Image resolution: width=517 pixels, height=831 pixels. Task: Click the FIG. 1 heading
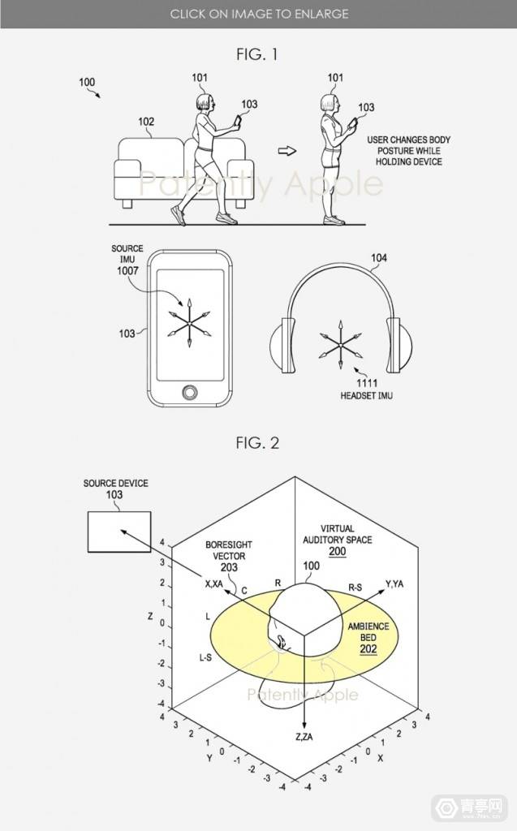(x=257, y=54)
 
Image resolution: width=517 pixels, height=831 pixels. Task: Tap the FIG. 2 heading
(x=257, y=442)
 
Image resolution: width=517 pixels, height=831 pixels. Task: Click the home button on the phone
(x=190, y=393)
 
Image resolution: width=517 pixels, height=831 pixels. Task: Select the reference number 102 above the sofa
(x=146, y=122)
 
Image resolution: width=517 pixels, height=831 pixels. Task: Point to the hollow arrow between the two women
(x=287, y=151)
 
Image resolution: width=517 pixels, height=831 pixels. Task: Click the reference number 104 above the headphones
(x=378, y=257)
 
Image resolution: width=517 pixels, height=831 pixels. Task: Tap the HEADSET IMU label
(x=366, y=395)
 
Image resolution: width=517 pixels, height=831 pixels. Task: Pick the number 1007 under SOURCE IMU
(x=127, y=271)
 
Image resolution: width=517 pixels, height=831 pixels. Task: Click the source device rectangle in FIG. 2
(x=119, y=532)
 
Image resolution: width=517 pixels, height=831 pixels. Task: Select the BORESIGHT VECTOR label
(x=229, y=550)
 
